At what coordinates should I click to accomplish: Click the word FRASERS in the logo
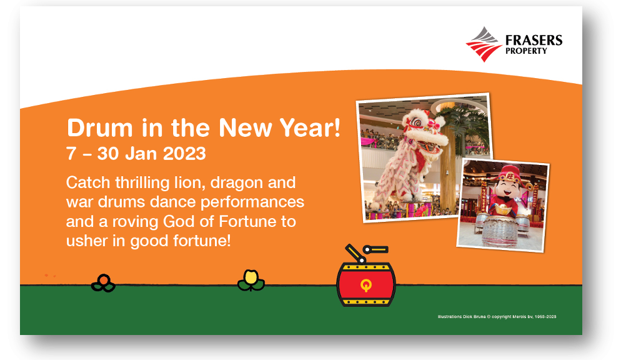tap(534, 41)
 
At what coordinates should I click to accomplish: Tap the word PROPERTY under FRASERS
tap(526, 51)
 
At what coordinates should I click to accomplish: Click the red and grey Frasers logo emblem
tap(484, 44)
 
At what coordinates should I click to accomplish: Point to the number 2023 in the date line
tap(184, 153)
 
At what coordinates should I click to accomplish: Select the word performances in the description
tap(252, 202)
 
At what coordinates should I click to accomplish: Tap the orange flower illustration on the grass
tap(103, 282)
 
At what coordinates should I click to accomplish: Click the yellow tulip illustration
tap(251, 281)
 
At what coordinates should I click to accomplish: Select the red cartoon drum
tap(366, 284)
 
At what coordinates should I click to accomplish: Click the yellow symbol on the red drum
tap(366, 285)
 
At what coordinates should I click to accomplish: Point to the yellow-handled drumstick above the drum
tap(376, 249)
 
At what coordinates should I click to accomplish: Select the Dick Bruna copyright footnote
tap(497, 317)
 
